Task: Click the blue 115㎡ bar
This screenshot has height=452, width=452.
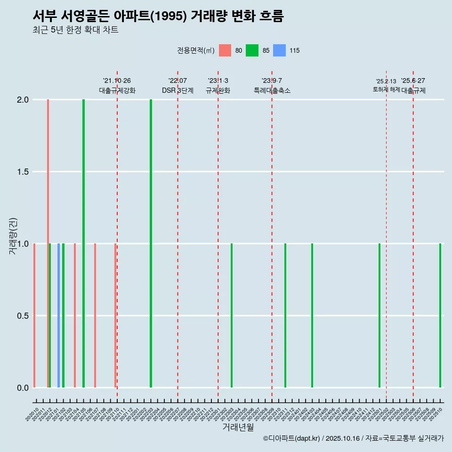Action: [x=59, y=315]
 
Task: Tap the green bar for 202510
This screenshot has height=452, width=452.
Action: [x=440, y=315]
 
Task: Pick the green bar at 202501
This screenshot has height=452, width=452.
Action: [x=379, y=315]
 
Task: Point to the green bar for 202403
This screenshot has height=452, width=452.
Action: [x=312, y=315]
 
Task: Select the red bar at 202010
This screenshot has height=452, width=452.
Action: [x=34, y=315]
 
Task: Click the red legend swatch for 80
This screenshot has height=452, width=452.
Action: [x=225, y=50]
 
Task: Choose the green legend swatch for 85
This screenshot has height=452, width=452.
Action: [x=252, y=50]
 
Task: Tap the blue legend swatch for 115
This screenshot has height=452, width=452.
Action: [x=280, y=50]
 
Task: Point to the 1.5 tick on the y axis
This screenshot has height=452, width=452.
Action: [x=23, y=172]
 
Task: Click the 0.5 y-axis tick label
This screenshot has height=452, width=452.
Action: [x=23, y=316]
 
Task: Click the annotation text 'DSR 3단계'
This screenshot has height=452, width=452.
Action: [x=178, y=90]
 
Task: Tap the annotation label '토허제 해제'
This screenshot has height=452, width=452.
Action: [x=386, y=89]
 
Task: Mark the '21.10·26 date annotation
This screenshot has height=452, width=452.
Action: [x=117, y=81]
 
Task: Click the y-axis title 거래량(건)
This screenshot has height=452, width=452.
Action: [x=13, y=235]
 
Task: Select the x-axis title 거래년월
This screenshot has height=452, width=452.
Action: [x=238, y=428]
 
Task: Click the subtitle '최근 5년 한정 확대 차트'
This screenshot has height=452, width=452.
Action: [x=75, y=30]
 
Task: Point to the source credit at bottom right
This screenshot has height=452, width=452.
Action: [x=353, y=438]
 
